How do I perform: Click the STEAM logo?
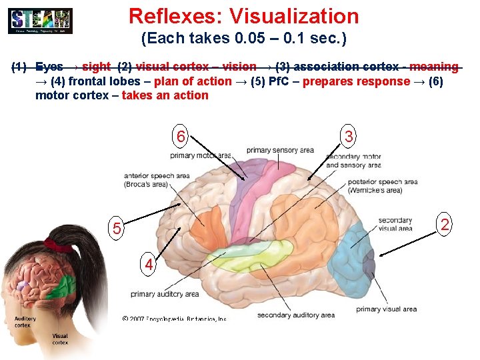pos(40,21)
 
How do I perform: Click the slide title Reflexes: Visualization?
pos(243,16)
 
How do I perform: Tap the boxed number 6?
pos(180,137)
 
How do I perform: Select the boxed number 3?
pos(349,137)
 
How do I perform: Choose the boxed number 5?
pos(117,229)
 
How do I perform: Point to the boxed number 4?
pos(150,265)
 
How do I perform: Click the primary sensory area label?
pos(280,150)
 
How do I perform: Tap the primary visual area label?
pos(386,309)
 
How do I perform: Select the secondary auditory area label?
pos(295,315)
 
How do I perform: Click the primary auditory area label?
pos(165,293)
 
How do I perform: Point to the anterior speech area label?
pos(157,180)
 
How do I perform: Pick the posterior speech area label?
pos(382,185)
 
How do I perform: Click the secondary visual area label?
pos(395,225)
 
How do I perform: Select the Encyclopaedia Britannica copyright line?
pos(175,319)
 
